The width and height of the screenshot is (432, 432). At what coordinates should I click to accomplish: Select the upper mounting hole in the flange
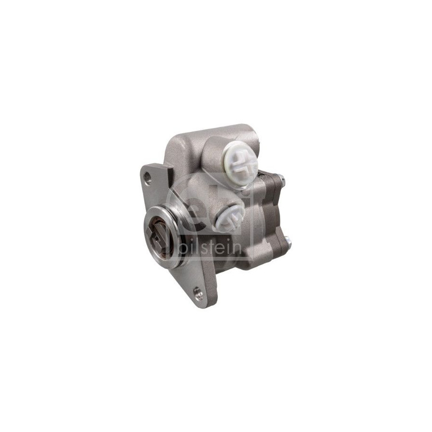click(x=148, y=178)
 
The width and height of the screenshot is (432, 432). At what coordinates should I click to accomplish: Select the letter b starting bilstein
click(x=183, y=247)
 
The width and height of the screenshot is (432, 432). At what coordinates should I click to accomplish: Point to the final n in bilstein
click(x=237, y=249)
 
